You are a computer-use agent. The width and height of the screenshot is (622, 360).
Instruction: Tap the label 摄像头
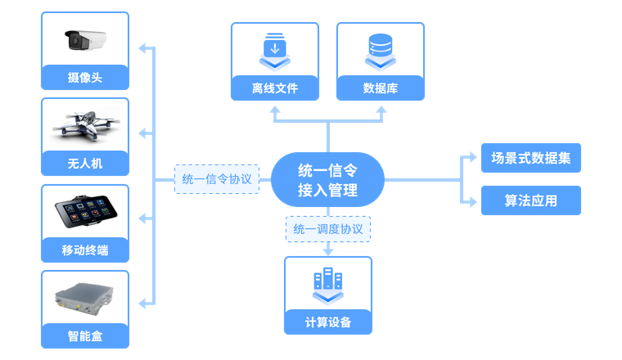(x=85, y=79)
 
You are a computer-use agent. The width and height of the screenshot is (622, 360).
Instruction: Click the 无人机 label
(x=85, y=164)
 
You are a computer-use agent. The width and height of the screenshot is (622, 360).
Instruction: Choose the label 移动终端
(x=85, y=250)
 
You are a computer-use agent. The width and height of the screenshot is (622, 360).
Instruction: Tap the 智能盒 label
(x=85, y=335)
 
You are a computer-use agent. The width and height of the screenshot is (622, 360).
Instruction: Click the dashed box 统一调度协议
(x=327, y=229)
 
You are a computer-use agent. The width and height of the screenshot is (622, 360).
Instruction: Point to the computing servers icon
(x=327, y=282)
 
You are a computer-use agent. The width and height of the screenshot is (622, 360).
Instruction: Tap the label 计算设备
(x=327, y=322)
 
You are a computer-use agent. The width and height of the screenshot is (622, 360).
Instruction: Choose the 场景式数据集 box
(x=530, y=158)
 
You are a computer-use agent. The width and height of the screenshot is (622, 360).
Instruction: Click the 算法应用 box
(x=530, y=200)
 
